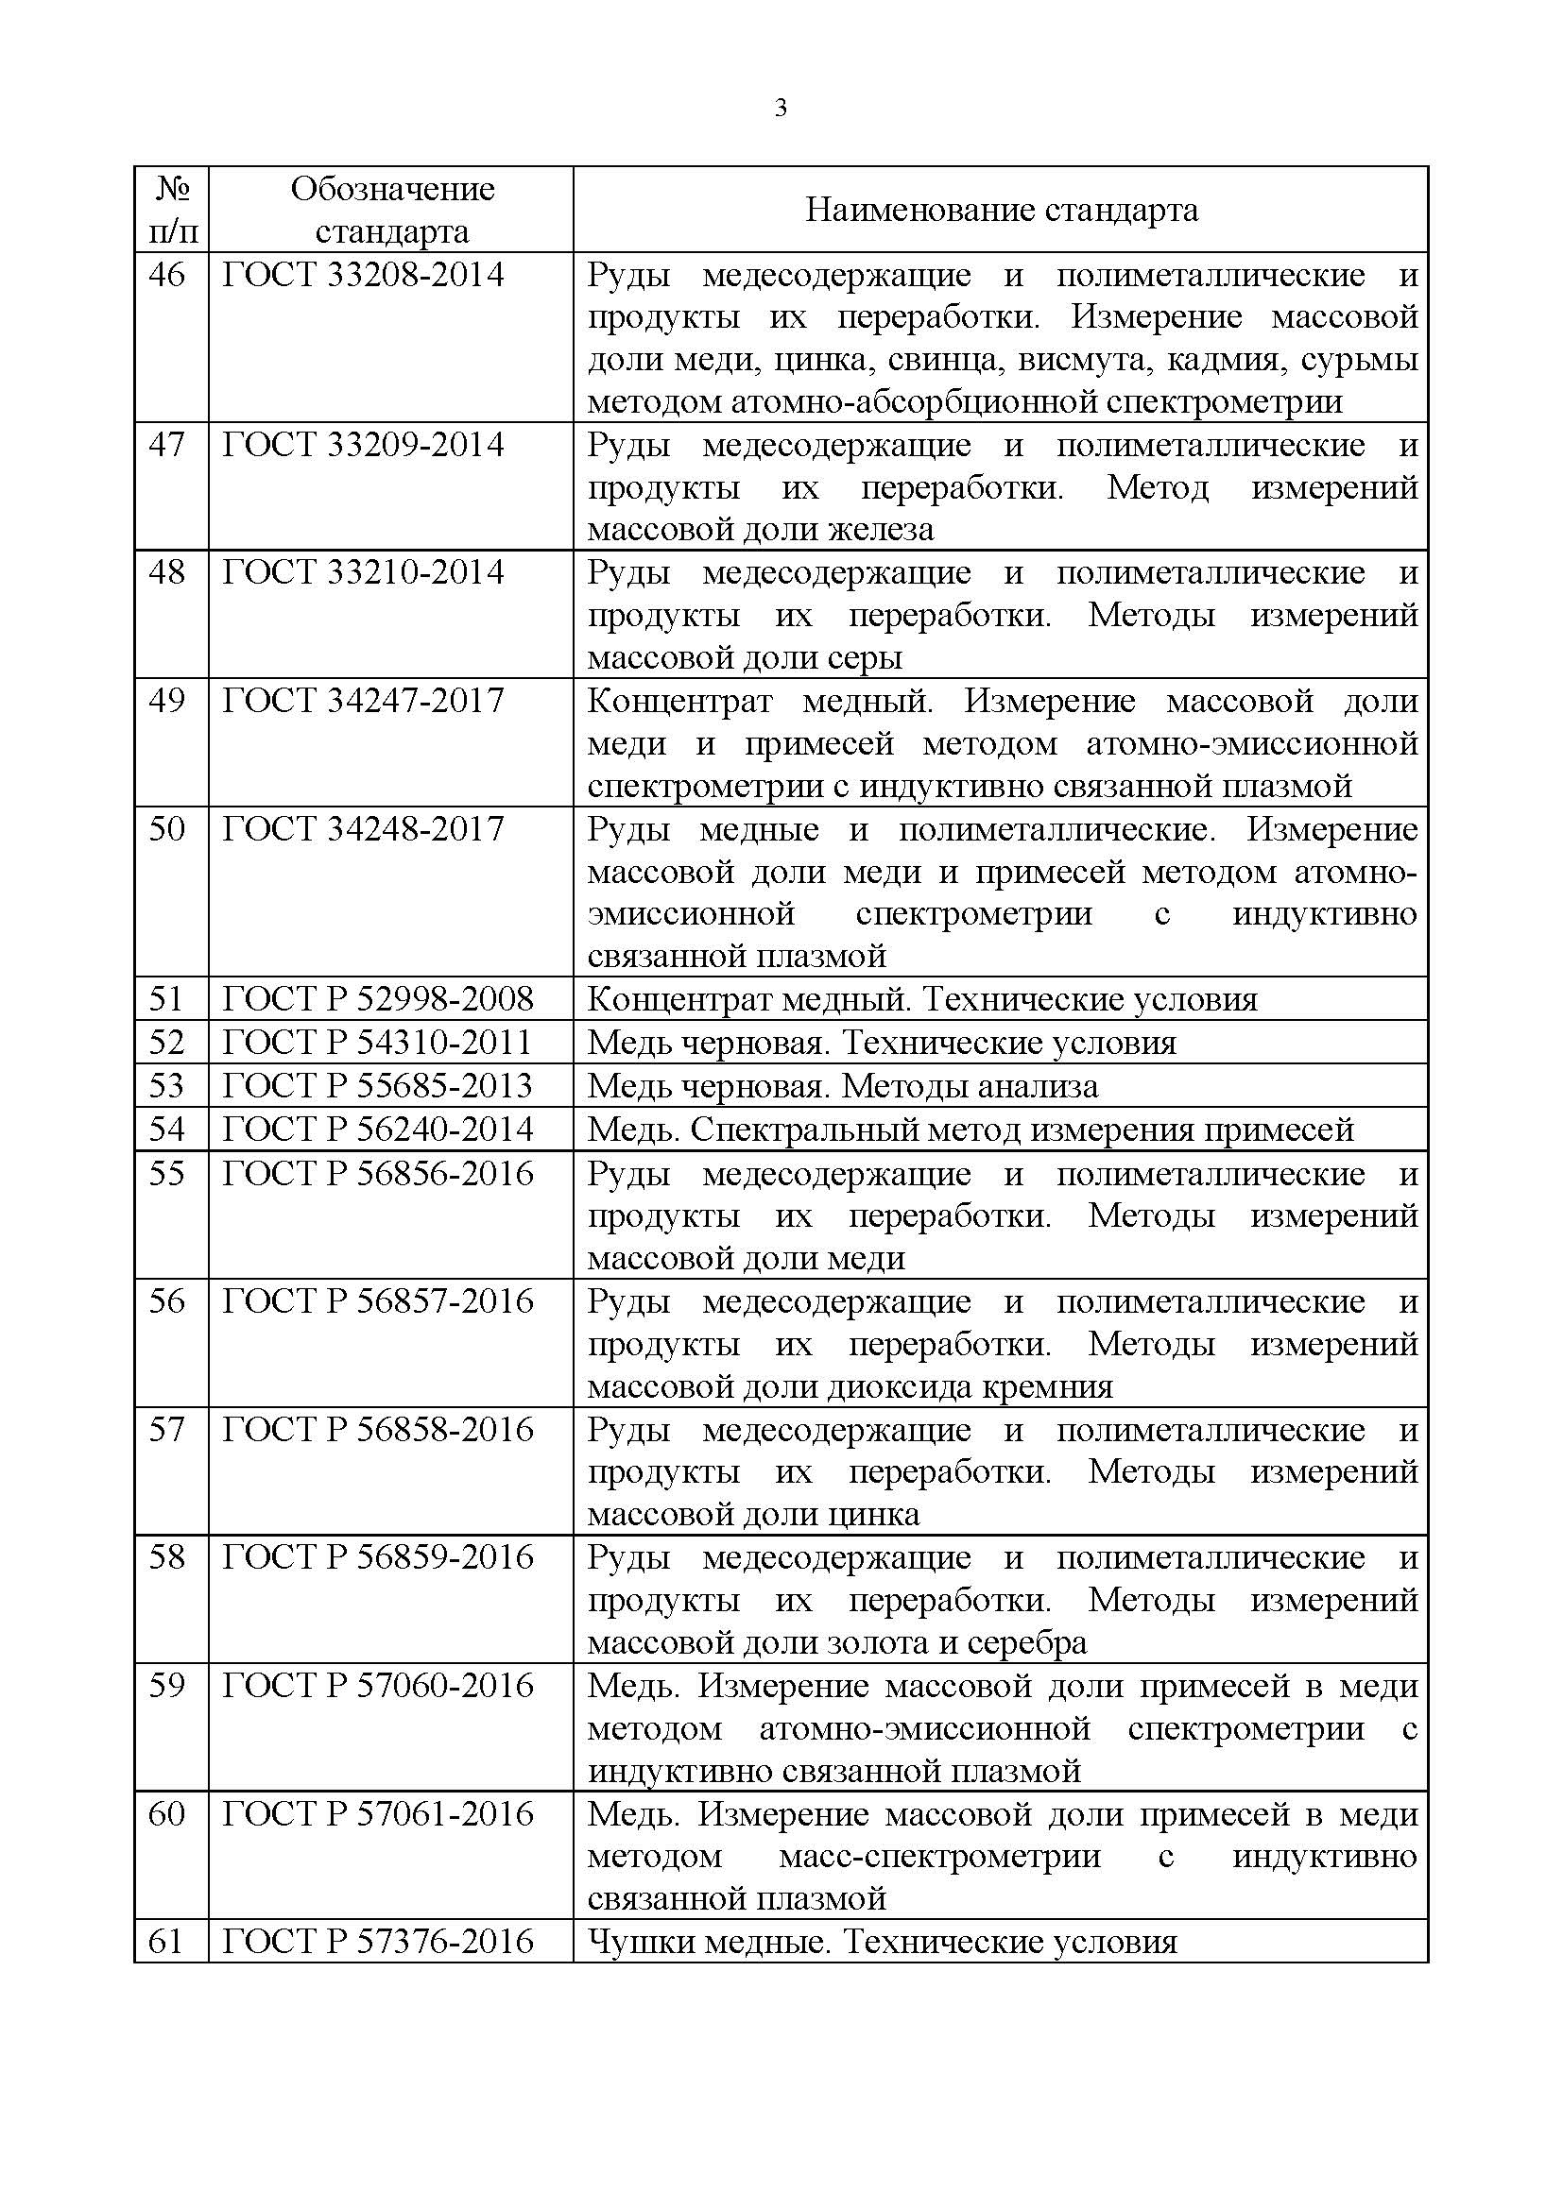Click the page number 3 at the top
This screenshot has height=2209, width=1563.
[781, 109]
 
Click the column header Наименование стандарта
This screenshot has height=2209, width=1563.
[1001, 210]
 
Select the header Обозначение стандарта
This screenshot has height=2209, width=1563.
[392, 210]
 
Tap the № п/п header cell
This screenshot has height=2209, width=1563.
[171, 210]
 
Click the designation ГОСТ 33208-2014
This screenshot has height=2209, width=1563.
[363, 275]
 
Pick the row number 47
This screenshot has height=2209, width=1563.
[166, 446]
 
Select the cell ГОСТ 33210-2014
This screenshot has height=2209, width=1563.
[363, 573]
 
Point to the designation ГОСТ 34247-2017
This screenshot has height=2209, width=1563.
[363, 702]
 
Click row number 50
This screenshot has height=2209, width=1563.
[166, 829]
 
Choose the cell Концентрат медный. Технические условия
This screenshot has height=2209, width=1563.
[921, 1000]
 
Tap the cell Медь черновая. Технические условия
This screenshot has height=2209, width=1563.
[881, 1043]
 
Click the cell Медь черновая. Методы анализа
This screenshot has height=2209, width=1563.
[842, 1086]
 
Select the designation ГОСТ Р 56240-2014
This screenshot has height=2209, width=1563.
[377, 1129]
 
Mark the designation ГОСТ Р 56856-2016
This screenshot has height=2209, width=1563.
[377, 1174]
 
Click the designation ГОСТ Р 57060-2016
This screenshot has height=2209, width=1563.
[377, 1686]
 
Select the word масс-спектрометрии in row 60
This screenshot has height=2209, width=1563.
[939, 1856]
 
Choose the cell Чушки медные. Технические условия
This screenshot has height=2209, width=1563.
[882, 1942]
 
